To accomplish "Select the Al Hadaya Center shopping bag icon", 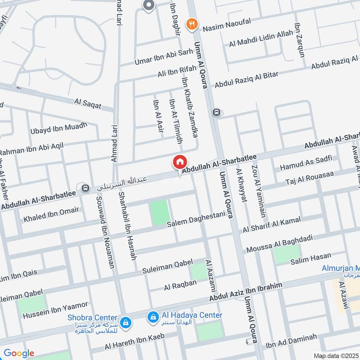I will (x=153, y=318).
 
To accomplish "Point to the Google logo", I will (x=18, y=353).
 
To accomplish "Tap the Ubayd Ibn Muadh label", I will (x=58, y=128).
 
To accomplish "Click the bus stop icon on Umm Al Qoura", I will (x=216, y=112).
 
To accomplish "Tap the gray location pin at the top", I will (x=148, y=5).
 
